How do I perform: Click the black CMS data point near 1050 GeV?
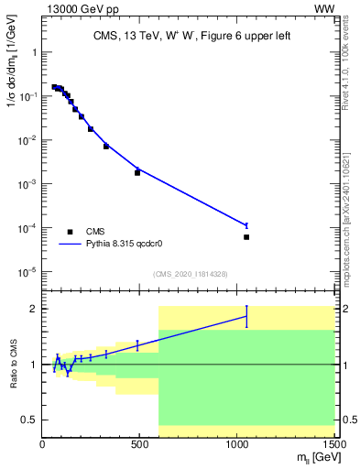pos(246,237)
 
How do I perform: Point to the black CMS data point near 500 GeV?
pos(137,172)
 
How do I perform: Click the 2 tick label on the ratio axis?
pos(33,308)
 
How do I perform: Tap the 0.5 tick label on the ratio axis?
pos(29,420)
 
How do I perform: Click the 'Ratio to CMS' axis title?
pos(12,364)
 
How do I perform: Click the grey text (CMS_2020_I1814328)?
pos(189,274)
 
